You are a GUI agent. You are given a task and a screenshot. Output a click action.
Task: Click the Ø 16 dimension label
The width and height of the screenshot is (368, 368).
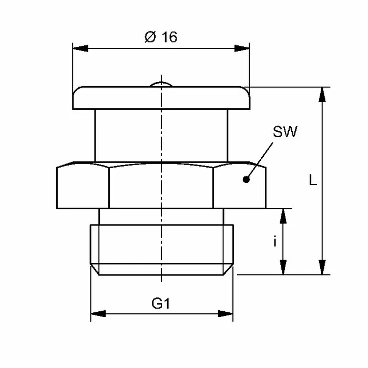(x=160, y=37)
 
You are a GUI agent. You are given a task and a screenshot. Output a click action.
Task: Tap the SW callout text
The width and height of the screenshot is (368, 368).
(x=284, y=132)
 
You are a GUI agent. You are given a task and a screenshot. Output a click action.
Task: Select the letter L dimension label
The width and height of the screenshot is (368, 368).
(x=313, y=181)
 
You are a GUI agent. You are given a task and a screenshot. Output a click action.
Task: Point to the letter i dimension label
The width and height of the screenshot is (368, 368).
(x=274, y=241)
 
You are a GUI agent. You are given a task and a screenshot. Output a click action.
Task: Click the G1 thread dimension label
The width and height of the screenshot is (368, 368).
(x=161, y=303)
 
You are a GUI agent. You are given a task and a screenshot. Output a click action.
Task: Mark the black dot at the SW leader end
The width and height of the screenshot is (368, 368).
(x=246, y=180)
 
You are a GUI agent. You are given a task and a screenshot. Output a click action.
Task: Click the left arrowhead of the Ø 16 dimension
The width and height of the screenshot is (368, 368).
(x=79, y=49)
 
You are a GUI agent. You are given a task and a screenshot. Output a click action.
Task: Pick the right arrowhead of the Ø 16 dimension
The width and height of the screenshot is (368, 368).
(x=242, y=49)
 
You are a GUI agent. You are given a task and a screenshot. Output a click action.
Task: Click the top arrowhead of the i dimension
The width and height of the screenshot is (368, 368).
(x=284, y=215)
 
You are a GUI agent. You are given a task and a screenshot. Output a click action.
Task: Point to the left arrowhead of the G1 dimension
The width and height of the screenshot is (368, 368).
(x=97, y=314)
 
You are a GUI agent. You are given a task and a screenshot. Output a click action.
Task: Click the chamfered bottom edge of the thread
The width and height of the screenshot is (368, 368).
(x=161, y=270)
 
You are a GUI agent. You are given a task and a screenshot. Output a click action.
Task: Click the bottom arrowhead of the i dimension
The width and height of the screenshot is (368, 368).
(x=284, y=267)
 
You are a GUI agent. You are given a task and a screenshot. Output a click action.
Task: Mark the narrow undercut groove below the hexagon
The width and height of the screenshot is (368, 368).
(x=161, y=217)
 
